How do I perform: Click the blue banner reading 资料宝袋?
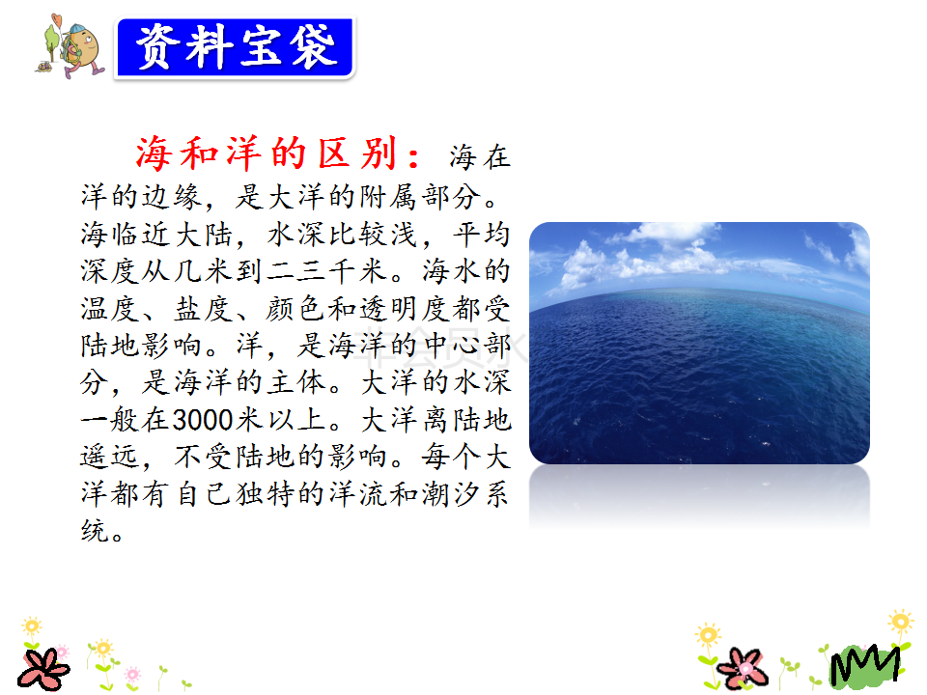coord(235,47)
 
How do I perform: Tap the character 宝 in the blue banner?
coord(261,47)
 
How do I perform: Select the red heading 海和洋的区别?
coord(267,154)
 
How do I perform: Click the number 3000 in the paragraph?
coord(203,420)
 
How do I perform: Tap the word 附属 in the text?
coord(389,197)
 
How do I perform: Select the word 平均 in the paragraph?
coord(481,234)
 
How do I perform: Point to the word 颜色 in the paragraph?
coord(295,309)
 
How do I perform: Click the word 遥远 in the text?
coord(110,457)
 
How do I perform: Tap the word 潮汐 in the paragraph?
coord(451,494)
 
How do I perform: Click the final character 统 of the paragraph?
coord(95,531)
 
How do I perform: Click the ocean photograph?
coord(699,343)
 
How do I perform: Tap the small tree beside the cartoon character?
coord(51,41)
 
